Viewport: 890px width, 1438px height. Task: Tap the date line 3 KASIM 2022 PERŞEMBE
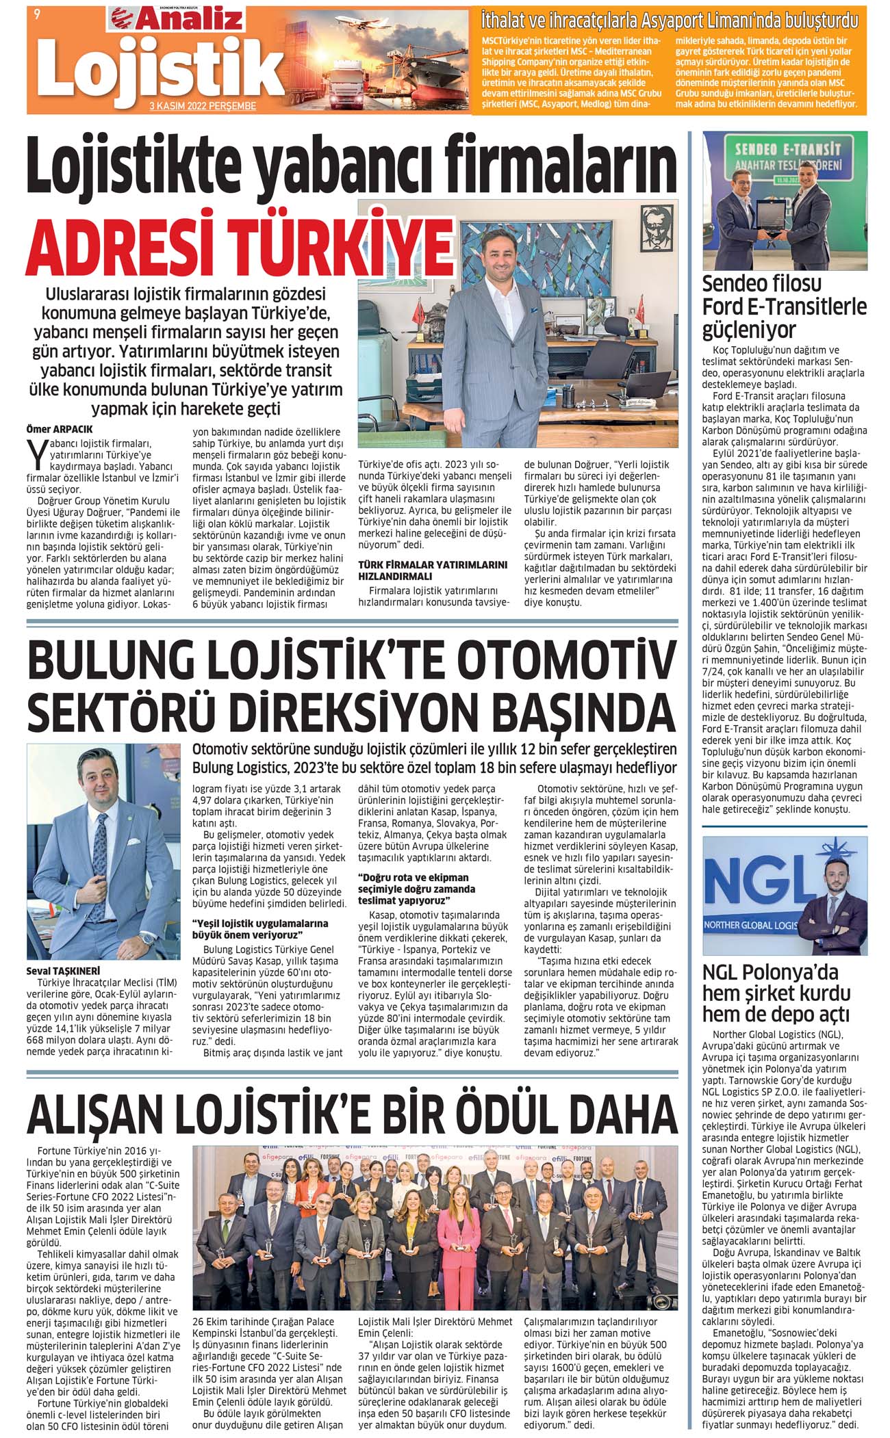tap(203, 106)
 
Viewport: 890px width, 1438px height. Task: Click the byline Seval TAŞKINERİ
tap(63, 970)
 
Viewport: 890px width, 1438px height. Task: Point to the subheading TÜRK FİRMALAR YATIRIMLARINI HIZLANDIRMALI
tap(433, 571)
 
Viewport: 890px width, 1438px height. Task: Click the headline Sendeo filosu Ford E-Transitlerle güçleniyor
tap(784, 306)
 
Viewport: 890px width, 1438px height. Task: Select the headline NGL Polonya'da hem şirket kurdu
tap(776, 993)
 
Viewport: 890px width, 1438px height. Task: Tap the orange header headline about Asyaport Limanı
tap(670, 18)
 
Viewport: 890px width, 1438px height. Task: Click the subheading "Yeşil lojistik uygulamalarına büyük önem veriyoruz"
tap(260, 928)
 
